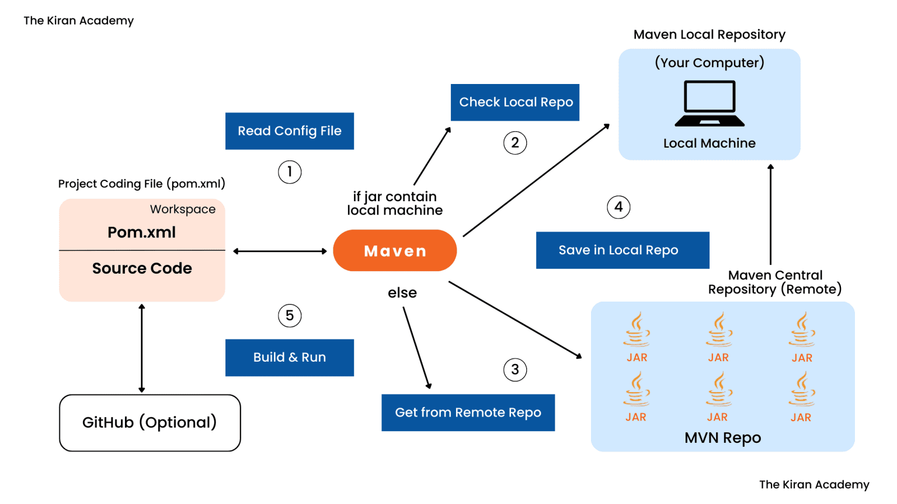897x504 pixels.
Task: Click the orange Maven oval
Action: point(395,250)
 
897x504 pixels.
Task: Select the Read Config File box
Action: point(290,131)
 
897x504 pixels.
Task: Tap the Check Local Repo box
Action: point(515,102)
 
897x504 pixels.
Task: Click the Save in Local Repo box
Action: point(623,250)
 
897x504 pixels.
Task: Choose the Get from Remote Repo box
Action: point(468,412)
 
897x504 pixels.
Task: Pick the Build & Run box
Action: point(290,357)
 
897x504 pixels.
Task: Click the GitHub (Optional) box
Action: point(150,422)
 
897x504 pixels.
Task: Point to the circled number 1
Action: point(290,172)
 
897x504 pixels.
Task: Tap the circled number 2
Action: point(515,143)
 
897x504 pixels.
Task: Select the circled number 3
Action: point(515,370)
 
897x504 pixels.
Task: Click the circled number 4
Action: point(618,207)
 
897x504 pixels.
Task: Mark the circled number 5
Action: point(290,316)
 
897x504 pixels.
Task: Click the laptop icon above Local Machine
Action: point(710,104)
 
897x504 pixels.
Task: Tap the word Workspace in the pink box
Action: point(183,209)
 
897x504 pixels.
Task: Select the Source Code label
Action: point(142,268)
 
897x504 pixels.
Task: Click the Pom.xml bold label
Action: point(142,232)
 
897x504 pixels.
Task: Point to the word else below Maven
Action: point(402,293)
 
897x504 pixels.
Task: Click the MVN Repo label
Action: point(722,437)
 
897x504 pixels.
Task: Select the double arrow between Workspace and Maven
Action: point(280,251)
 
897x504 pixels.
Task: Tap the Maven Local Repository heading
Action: point(710,34)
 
